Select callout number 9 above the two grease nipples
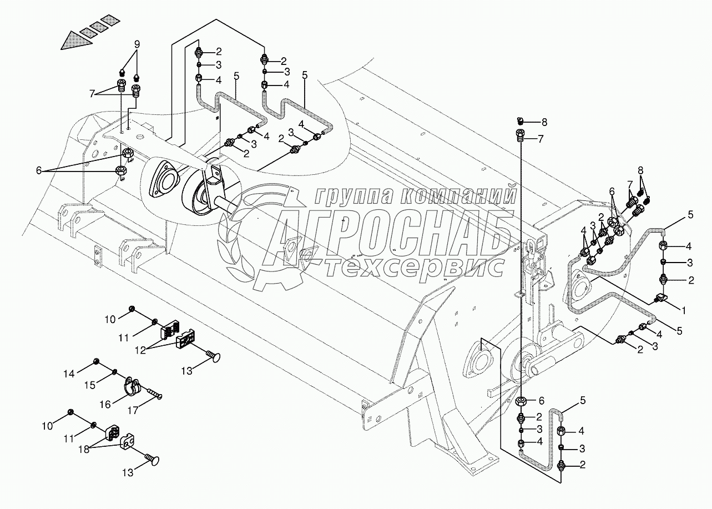tap(137, 44)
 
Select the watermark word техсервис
tap(413, 268)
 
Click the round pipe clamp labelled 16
tap(132, 387)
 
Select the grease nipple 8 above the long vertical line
tap(520, 121)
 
